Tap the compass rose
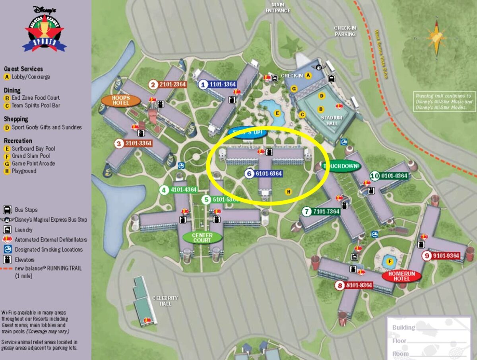point(436,38)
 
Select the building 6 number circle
point(249,174)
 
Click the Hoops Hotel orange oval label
point(121,101)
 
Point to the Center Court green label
point(202,238)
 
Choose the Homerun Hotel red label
point(401,276)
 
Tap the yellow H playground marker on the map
point(289,192)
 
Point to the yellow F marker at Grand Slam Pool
point(390,262)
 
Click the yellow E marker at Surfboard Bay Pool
point(278,113)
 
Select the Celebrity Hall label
point(165,301)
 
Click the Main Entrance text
point(278,8)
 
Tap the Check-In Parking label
point(345,31)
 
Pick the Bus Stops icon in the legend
point(7,210)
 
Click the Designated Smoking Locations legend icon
point(7,250)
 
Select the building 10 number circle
point(375,176)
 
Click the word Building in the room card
point(403,328)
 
